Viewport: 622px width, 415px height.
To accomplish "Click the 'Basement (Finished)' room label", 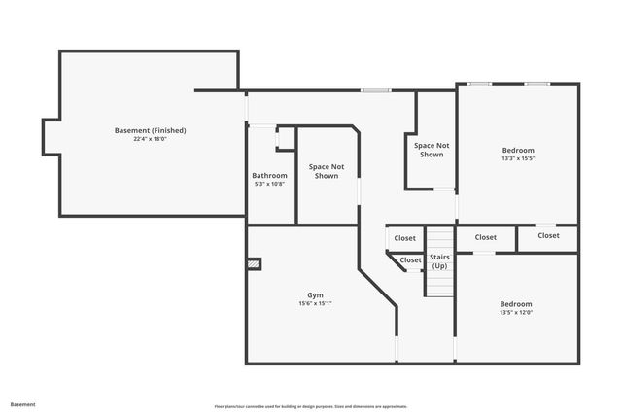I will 150,130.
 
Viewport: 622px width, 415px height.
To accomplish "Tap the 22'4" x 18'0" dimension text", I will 150,139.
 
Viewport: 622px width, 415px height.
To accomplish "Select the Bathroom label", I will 269,175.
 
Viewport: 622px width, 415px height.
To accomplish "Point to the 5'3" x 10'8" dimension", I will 269,184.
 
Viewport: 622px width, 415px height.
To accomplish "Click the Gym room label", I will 316,294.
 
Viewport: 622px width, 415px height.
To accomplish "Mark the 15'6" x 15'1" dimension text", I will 316,303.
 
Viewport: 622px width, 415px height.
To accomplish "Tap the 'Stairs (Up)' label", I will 439,261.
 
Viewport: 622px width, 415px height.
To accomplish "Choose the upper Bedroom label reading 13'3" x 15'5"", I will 518,150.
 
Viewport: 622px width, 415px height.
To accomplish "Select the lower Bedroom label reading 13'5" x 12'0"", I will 516,304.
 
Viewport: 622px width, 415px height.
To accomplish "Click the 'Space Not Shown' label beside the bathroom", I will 327,171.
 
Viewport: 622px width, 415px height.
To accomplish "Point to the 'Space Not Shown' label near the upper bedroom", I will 432,150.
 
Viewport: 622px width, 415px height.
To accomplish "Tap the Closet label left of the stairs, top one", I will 405,238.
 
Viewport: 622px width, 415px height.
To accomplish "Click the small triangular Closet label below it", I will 411,259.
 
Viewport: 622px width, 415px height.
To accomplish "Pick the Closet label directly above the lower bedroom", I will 486,237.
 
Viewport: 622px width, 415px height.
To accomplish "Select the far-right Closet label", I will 548,235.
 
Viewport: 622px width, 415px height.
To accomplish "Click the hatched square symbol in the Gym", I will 255,262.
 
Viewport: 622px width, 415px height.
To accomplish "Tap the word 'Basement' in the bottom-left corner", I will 22,404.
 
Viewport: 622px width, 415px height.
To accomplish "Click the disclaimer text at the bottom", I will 311,406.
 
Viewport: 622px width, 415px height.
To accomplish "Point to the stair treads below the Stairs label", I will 440,284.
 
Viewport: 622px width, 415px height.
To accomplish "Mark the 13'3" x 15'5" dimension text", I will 518,158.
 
